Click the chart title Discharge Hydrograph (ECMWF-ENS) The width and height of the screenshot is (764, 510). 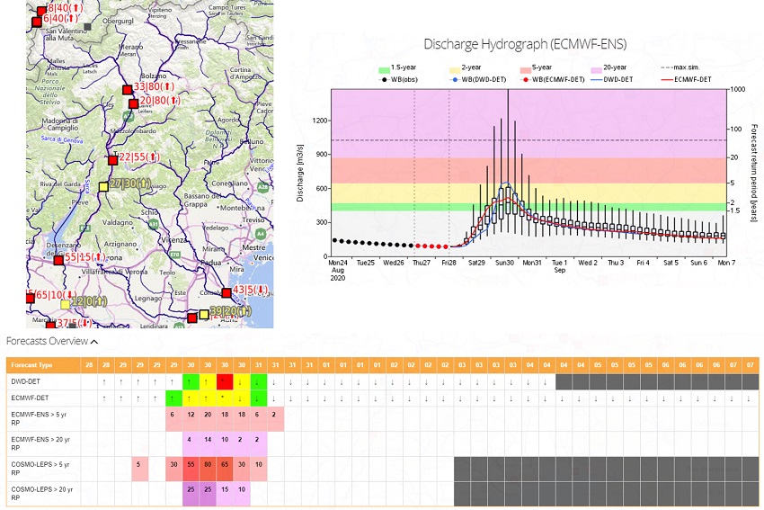[x=525, y=44]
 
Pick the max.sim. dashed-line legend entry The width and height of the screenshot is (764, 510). [x=687, y=67]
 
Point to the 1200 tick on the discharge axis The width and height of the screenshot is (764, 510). [x=320, y=119]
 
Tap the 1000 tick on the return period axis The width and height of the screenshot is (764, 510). [x=738, y=89]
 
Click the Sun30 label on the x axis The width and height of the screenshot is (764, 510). [x=503, y=264]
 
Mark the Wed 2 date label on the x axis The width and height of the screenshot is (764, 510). [x=587, y=264]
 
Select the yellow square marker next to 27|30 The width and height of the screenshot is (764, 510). [x=102, y=186]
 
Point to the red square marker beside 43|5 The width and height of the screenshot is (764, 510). [x=227, y=291]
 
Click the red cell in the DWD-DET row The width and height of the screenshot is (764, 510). [x=225, y=382]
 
